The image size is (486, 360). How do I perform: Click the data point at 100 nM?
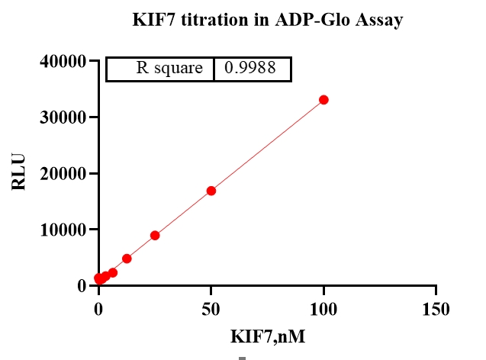click(323, 100)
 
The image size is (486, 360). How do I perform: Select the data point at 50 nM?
click(211, 191)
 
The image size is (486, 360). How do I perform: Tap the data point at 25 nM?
click(155, 236)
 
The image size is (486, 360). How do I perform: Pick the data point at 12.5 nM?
click(127, 259)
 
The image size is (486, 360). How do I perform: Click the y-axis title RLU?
click(20, 173)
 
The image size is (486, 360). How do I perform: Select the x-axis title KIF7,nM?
click(267, 335)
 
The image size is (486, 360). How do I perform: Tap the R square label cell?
click(169, 69)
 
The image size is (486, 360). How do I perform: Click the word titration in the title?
click(211, 21)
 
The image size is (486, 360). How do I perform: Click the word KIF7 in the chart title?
click(152, 21)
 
